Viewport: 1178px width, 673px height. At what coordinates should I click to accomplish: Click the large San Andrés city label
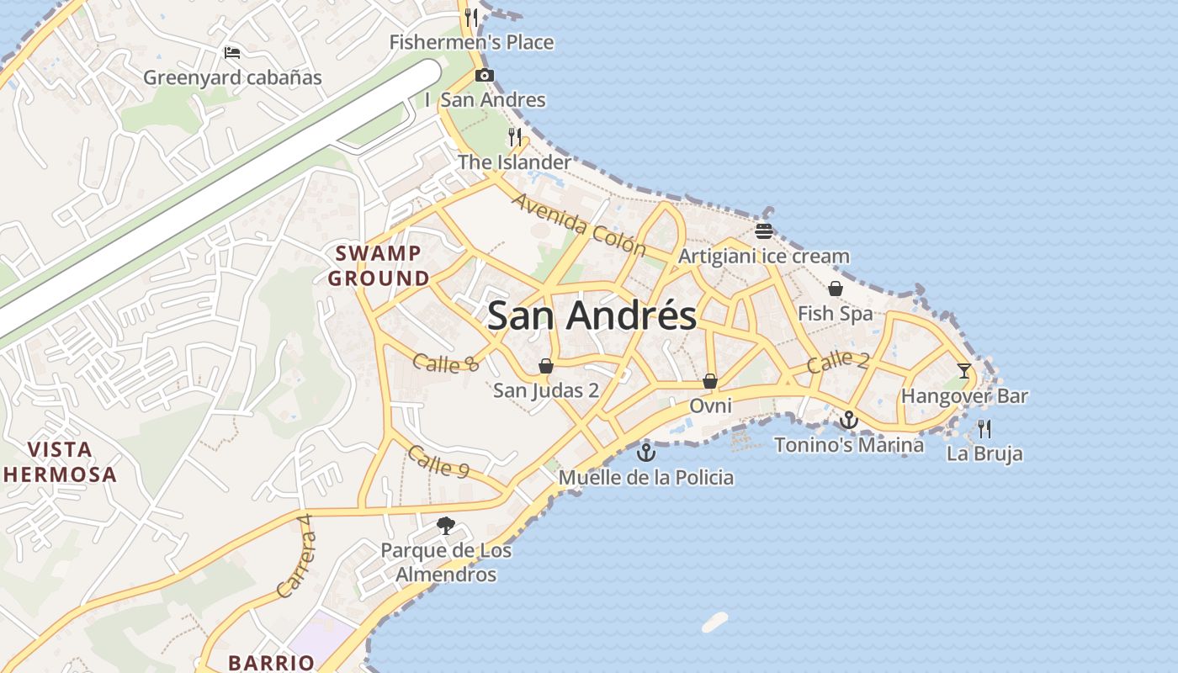click(592, 315)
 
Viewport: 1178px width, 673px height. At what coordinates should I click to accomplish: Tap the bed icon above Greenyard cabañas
click(232, 53)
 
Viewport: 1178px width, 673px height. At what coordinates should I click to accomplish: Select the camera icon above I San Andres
click(484, 76)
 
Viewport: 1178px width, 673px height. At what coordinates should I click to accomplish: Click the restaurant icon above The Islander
click(515, 136)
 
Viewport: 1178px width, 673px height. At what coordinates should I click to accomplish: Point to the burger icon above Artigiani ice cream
click(764, 231)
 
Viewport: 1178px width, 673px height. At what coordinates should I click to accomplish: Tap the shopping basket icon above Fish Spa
click(835, 289)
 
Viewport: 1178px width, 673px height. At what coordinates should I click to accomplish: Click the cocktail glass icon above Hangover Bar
click(964, 370)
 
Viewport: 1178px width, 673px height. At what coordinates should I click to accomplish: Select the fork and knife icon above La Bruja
click(984, 429)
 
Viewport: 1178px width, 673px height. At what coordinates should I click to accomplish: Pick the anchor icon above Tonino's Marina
click(849, 419)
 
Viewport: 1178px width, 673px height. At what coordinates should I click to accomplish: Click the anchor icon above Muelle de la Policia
click(645, 453)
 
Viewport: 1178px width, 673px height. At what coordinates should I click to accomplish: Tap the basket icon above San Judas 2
click(545, 366)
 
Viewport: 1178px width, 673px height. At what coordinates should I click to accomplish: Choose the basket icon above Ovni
click(710, 381)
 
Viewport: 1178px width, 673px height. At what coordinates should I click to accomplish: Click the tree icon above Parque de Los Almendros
click(445, 527)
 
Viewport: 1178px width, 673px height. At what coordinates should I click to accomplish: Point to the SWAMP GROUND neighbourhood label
click(379, 266)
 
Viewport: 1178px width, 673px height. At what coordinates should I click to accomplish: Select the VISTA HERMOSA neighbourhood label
click(59, 462)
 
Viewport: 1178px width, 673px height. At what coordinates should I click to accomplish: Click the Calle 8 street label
click(445, 363)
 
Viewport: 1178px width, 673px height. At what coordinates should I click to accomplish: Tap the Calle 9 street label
click(438, 462)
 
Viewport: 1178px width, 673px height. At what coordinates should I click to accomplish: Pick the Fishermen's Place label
click(471, 42)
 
